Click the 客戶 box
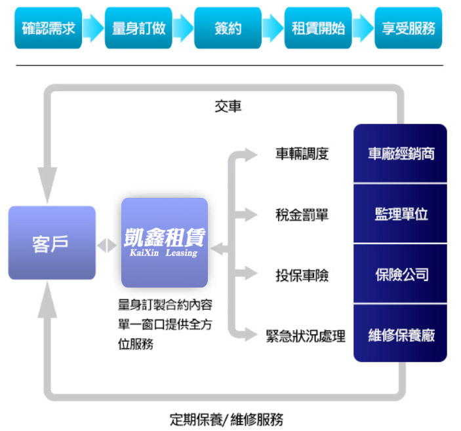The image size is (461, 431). [52, 243]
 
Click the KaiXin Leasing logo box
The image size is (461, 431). [165, 242]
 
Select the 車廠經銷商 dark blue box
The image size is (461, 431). [401, 154]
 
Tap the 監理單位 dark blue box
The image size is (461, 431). [401, 214]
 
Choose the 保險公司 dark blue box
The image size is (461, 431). [401, 274]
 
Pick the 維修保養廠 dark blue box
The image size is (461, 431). [401, 335]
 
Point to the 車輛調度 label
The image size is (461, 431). [302, 154]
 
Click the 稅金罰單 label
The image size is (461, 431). [302, 214]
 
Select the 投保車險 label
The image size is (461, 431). [302, 274]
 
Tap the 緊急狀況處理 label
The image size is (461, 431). [306, 335]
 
